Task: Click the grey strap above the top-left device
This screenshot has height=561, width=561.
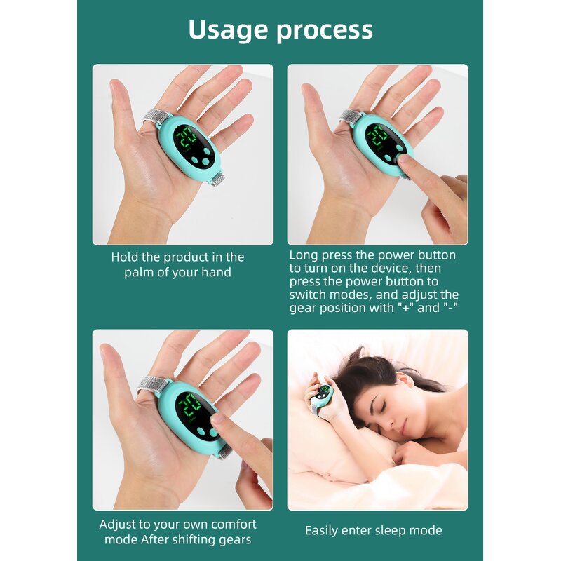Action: tap(156, 116)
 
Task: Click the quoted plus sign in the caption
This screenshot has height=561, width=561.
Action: tap(405, 309)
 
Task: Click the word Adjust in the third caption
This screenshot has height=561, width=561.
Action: tap(120, 525)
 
